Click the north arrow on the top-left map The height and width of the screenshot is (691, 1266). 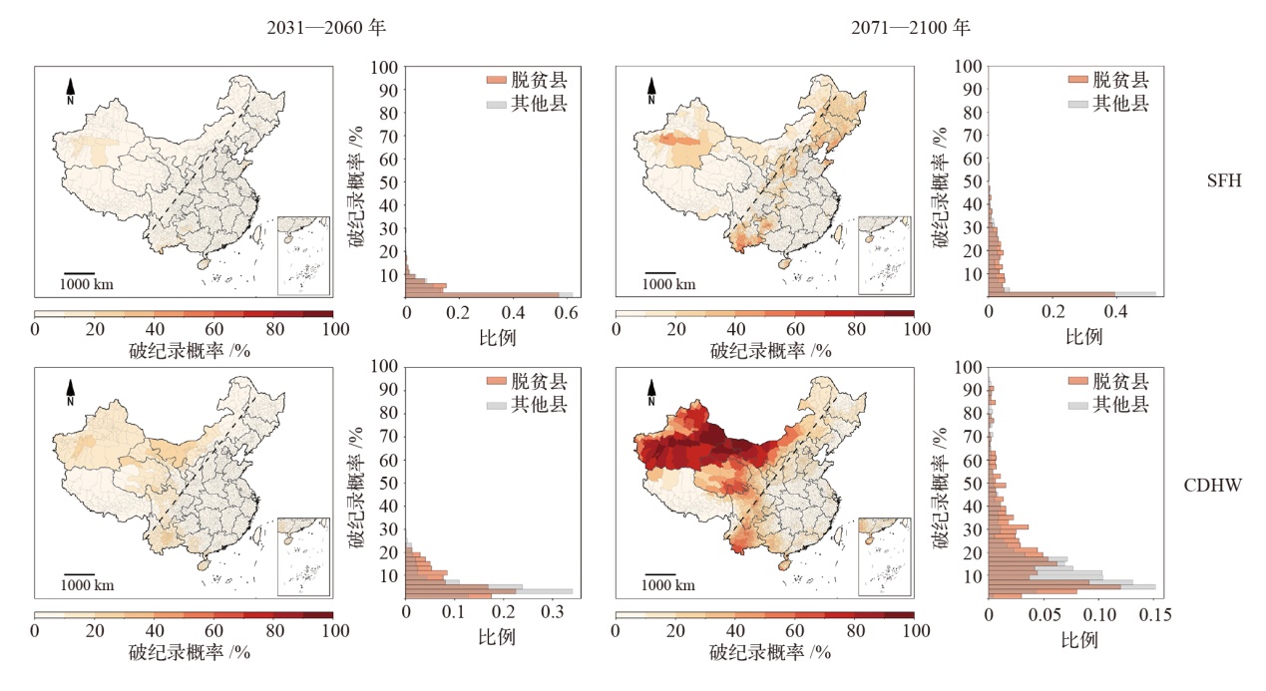click(x=70, y=92)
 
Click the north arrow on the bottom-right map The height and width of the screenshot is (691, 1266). click(x=651, y=393)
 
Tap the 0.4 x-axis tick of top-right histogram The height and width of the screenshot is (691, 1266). click(x=1115, y=313)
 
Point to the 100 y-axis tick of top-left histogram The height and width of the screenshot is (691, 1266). click(x=386, y=67)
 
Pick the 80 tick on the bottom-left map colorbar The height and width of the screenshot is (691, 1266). click(x=273, y=630)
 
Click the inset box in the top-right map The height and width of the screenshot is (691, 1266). click(x=884, y=255)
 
